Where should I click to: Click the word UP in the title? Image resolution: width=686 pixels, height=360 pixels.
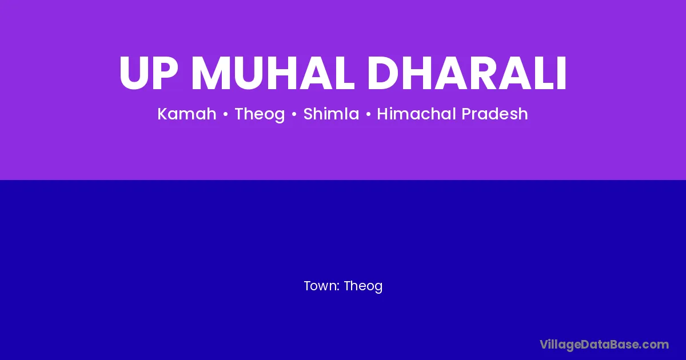pos(149,73)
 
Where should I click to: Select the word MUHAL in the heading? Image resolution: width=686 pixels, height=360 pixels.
pos(273,73)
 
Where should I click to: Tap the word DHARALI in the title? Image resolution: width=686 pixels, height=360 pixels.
pos(466,73)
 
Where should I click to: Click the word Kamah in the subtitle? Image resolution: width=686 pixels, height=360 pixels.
pos(187,114)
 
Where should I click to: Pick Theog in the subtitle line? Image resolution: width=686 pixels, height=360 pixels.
pos(260,114)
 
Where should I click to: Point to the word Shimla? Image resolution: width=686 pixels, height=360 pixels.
pos(331,114)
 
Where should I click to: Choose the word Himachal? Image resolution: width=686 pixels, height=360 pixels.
pos(417,114)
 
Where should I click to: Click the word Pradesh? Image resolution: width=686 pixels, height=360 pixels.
pos(494,114)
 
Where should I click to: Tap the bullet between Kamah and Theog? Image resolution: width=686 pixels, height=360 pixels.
pos(226,114)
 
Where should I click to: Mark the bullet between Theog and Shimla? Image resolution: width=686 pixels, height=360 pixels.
pos(294,114)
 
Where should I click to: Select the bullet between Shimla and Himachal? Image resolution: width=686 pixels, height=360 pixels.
pos(368,114)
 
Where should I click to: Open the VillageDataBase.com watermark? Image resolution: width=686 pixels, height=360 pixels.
pos(604,345)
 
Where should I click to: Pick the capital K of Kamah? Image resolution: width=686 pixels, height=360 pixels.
pos(162,114)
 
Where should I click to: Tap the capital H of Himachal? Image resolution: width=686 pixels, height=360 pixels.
pos(383,114)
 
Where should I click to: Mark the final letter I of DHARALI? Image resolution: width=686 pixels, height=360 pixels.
pos(561,73)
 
